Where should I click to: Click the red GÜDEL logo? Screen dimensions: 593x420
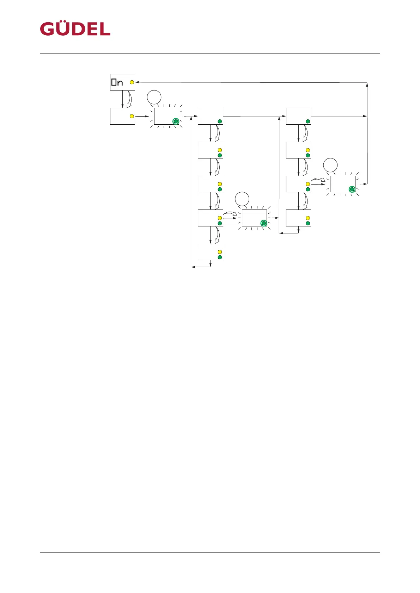tap(75, 29)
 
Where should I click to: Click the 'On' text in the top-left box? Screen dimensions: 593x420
tap(117, 82)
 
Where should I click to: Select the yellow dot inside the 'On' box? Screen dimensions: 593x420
tap(132, 82)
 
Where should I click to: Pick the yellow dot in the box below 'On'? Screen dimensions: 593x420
tap(132, 116)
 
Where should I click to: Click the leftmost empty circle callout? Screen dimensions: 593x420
tap(154, 97)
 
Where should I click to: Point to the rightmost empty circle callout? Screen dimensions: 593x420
tap(330, 165)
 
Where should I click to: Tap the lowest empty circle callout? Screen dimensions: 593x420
tap(242, 199)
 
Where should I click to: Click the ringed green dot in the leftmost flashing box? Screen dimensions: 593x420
tap(176, 121)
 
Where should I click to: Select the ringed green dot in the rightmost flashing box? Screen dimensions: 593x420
tap(352, 189)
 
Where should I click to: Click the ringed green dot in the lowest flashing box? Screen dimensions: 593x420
tap(263, 223)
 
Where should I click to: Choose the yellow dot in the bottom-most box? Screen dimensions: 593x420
tap(220, 252)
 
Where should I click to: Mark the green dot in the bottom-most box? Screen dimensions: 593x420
tap(220, 257)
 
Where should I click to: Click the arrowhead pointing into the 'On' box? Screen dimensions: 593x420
tap(137, 82)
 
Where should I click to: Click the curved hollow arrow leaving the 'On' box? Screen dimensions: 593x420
tap(129, 99)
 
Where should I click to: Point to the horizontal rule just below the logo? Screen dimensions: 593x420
tap(210, 54)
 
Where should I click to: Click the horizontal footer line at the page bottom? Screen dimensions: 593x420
tap(210, 553)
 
